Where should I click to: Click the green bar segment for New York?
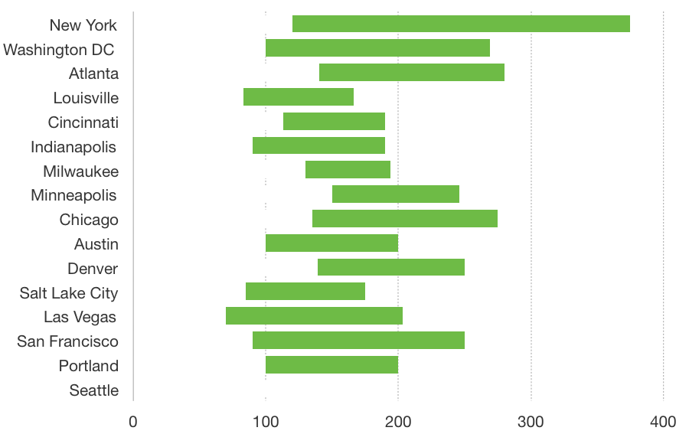coord(461,24)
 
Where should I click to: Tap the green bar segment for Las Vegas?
coord(314,315)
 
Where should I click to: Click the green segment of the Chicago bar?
coord(405,219)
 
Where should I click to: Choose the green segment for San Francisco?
coord(358,340)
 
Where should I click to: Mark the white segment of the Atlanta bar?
coord(227,73)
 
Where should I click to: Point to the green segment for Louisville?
coord(299,97)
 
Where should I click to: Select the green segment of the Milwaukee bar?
coord(348,170)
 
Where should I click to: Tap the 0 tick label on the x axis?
coord(133,422)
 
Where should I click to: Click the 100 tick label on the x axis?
coord(266,422)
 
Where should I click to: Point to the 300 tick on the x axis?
coord(531,422)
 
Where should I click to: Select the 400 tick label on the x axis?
coord(663,422)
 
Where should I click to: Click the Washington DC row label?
coord(59,50)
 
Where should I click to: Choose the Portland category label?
coord(89,366)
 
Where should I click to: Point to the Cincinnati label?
coord(83,122)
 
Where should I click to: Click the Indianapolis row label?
coord(73,147)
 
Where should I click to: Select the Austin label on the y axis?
coord(96,244)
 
